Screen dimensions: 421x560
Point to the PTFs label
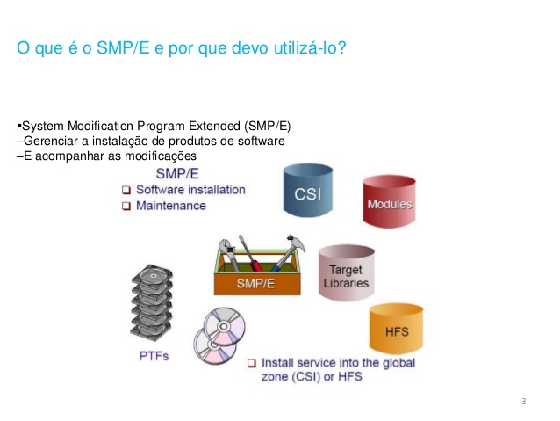[154, 356]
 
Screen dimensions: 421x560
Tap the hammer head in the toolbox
[294, 246]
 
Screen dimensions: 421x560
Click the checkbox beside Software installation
[126, 190]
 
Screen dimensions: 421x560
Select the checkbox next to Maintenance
[126, 206]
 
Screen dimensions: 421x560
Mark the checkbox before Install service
[253, 362]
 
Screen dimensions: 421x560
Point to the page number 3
[523, 402]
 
